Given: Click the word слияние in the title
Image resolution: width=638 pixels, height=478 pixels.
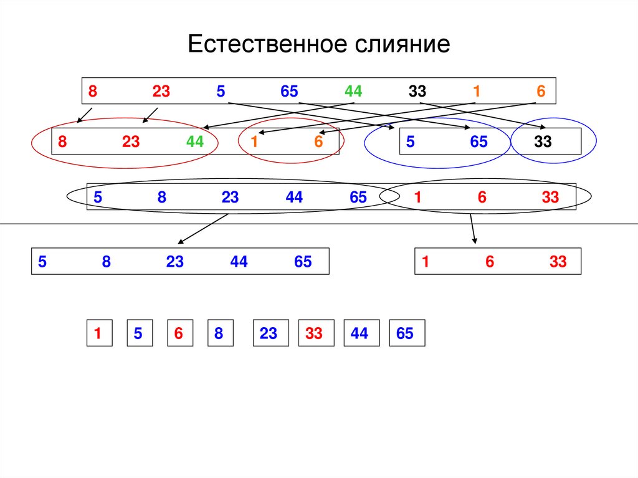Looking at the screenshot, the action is [x=403, y=45].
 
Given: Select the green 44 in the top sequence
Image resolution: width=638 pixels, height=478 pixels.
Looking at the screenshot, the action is [x=353, y=92].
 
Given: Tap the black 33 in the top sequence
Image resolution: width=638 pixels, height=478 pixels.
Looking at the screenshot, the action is [x=417, y=92].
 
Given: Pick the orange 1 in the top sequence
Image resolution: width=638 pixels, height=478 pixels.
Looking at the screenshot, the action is [x=476, y=92].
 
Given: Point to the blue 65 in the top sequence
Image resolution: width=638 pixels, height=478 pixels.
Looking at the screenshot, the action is [x=289, y=92].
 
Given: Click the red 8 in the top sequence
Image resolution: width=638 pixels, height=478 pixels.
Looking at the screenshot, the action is [x=92, y=92].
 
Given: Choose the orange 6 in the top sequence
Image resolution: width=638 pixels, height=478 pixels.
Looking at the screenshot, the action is [x=541, y=92].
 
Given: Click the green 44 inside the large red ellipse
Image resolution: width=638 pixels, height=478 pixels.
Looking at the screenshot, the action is [x=194, y=142].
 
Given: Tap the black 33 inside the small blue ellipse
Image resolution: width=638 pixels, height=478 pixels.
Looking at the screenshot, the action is [x=543, y=142].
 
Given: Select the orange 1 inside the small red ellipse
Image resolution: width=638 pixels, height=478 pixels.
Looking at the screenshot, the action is [x=254, y=142].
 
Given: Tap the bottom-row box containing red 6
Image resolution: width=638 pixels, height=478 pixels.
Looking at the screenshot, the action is [x=179, y=333].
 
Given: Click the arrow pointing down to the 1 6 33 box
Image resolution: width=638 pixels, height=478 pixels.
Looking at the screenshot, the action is [x=473, y=229].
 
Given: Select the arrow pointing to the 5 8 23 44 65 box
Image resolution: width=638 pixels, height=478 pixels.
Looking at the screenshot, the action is [x=202, y=229].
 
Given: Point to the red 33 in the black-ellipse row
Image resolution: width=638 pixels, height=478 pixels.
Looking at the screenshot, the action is [x=550, y=198].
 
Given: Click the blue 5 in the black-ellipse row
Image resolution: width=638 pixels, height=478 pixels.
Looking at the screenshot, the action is [x=98, y=198].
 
